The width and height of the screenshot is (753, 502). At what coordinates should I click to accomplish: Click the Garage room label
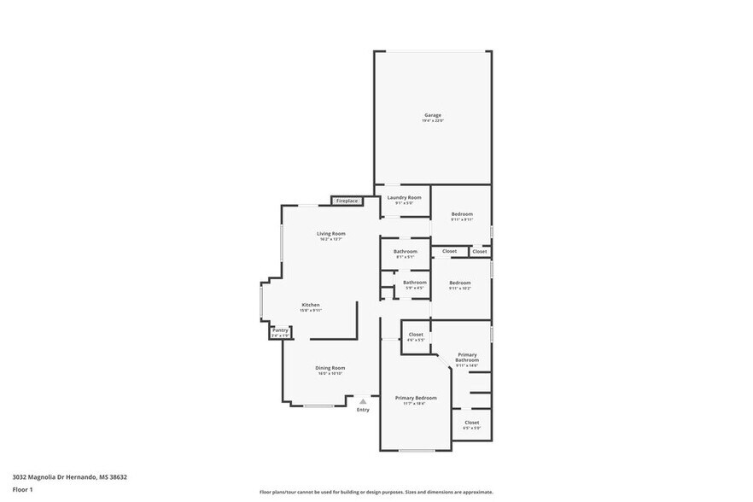point(433,114)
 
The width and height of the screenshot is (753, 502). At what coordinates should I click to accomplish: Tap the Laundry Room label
point(404,197)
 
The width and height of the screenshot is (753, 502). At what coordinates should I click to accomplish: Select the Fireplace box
point(347,201)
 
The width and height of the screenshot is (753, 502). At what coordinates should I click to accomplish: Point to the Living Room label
point(330,233)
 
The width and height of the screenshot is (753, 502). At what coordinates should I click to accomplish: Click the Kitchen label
point(310,305)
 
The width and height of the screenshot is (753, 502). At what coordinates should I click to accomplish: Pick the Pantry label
point(280,330)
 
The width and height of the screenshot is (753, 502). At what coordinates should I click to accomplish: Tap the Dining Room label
point(330,367)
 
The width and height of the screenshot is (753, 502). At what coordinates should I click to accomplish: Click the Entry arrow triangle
point(363,400)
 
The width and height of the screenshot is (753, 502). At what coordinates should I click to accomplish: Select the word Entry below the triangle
point(363,410)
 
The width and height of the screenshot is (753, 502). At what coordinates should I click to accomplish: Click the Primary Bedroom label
point(416,398)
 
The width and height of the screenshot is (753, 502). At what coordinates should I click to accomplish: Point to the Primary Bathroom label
point(467,357)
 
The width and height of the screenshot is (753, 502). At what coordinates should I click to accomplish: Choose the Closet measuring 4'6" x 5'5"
point(416,335)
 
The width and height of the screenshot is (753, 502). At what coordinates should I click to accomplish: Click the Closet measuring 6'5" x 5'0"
point(471,422)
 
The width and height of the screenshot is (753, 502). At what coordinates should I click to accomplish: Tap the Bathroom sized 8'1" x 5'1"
point(406,251)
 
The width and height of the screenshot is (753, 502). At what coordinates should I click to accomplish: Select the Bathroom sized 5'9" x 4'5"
point(415,282)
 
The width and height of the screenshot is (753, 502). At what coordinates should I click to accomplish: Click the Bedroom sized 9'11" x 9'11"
point(461,213)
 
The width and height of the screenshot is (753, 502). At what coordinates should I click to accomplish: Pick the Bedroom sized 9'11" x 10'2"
point(460,283)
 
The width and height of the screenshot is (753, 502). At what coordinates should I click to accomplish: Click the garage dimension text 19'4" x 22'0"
point(433,121)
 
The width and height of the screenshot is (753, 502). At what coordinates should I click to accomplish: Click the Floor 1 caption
point(22,489)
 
